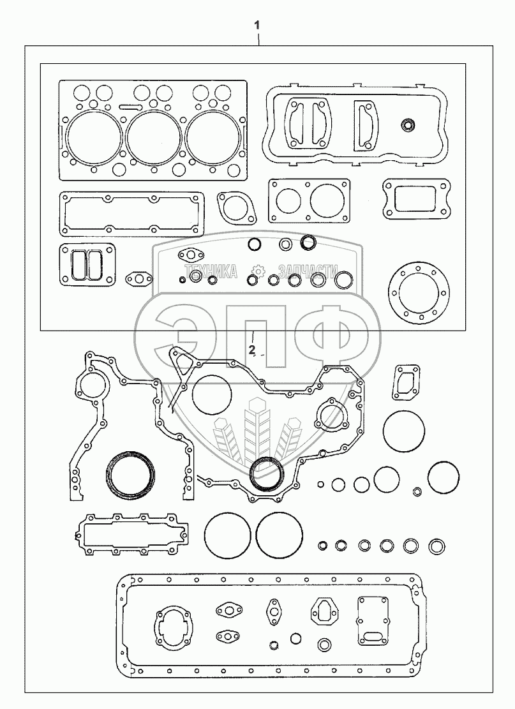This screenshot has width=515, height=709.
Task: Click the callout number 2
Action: [x=252, y=350]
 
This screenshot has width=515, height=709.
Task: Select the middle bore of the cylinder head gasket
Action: [x=153, y=135]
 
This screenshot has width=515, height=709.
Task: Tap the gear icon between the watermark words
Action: [x=257, y=271]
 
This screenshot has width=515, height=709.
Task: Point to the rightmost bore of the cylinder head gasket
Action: [x=213, y=135]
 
